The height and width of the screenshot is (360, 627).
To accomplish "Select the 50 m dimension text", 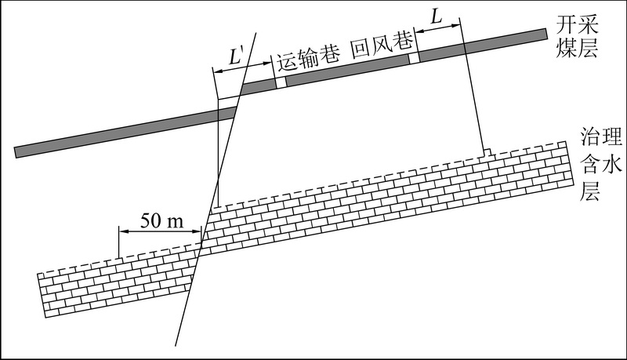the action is pyautogui.click(x=161, y=220).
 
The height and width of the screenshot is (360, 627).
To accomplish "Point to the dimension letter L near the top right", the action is pyautogui.click(x=437, y=17).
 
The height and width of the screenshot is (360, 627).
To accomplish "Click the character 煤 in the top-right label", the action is pyautogui.click(x=567, y=49).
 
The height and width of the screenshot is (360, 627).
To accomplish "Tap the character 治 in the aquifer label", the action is pyautogui.click(x=591, y=137).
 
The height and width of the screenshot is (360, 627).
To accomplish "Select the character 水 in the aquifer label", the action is pyautogui.click(x=612, y=164).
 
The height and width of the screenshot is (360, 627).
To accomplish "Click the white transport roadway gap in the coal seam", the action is pyautogui.click(x=281, y=82).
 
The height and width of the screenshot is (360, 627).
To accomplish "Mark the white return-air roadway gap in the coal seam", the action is pyautogui.click(x=414, y=57).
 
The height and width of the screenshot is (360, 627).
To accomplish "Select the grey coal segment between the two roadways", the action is pyautogui.click(x=347, y=70).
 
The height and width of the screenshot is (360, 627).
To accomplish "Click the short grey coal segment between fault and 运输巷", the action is pyautogui.click(x=259, y=85).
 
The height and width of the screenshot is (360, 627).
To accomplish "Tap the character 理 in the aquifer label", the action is pyautogui.click(x=612, y=137).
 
